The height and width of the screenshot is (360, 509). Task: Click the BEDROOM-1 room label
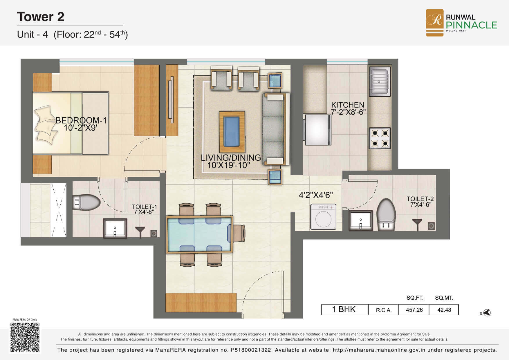click(81, 120)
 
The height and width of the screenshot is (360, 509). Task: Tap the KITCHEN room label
click(348, 105)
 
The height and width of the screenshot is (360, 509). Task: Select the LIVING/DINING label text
click(231, 158)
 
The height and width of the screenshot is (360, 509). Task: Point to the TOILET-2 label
click(420, 199)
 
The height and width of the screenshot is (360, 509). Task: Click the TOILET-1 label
click(144, 207)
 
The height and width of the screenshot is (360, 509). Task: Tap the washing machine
click(323, 217)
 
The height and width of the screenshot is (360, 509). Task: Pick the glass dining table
click(199, 235)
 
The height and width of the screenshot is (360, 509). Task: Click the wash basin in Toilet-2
click(361, 221)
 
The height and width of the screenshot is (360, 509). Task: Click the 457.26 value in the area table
click(414, 310)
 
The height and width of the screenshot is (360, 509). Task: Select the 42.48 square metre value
click(444, 310)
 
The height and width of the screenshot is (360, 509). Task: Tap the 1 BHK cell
click(344, 309)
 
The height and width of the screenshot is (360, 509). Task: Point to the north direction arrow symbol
click(486, 313)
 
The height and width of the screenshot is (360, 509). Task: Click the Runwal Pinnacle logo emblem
click(434, 23)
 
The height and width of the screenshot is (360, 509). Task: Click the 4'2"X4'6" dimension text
click(316, 195)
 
